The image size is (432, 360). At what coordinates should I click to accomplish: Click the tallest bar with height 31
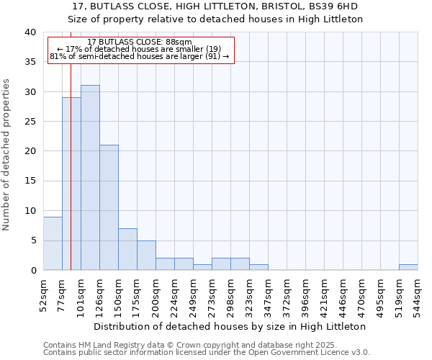click(x=90, y=178)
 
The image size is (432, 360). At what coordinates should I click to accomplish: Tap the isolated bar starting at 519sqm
click(x=408, y=267)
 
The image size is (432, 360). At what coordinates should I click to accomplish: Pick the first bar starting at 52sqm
click(x=53, y=243)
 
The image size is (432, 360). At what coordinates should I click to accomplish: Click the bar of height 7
click(x=127, y=249)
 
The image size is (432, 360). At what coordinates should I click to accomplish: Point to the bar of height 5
click(x=146, y=255)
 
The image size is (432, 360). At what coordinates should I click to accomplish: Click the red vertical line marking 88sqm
click(x=71, y=180)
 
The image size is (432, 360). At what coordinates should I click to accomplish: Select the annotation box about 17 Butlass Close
click(x=140, y=50)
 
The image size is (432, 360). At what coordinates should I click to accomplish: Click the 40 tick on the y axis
click(x=30, y=32)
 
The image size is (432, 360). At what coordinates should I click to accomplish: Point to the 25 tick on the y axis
click(x=30, y=122)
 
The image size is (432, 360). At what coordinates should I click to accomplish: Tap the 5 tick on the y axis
click(x=32, y=240)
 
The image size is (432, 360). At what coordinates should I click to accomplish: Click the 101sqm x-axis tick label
click(x=81, y=294)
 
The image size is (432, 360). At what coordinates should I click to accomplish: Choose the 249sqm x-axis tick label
click(x=193, y=294)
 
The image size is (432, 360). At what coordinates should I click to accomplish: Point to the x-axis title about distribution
click(x=230, y=326)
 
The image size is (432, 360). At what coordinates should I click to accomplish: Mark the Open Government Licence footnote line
click(x=207, y=352)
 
